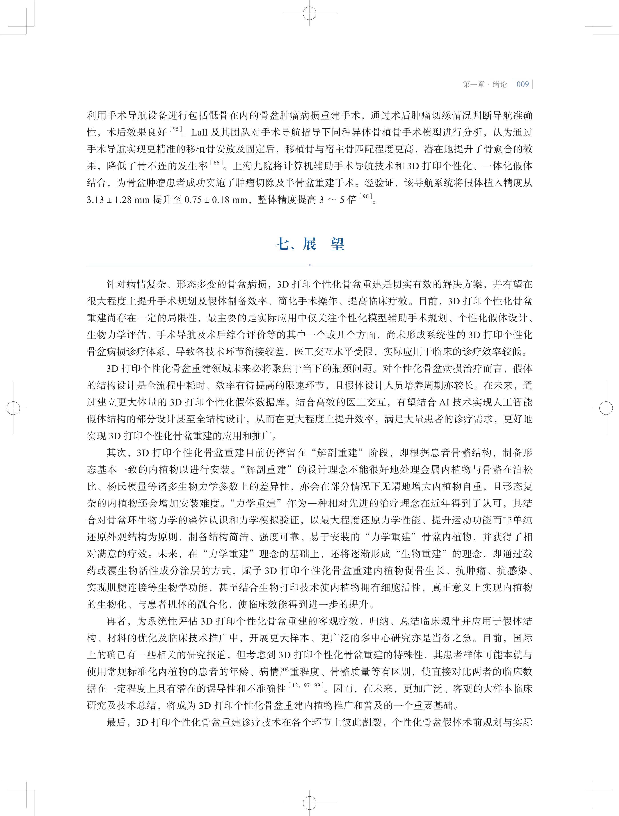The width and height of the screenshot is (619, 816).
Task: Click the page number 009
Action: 523,84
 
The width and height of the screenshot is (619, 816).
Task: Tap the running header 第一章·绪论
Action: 485,84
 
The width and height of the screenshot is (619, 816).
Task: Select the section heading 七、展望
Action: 310,244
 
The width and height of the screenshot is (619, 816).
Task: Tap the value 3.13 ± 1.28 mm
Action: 118,200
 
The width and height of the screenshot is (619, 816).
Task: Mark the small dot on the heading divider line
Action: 310,265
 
